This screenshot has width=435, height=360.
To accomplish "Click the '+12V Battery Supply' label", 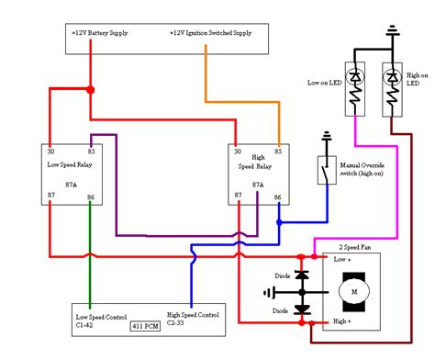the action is (x=100, y=33).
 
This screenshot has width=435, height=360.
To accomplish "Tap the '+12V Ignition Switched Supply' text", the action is (x=211, y=33).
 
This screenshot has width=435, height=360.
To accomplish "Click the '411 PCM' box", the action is (x=145, y=326).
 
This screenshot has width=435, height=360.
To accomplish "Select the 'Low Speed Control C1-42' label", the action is (x=101, y=321).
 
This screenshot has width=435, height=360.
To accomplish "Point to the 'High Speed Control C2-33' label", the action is (x=193, y=319).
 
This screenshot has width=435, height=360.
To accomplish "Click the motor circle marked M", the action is (x=354, y=292).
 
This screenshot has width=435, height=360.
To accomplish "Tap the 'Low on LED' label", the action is (x=325, y=83).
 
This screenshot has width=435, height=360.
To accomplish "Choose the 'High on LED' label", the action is (x=418, y=79).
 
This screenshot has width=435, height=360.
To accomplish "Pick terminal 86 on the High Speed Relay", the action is (x=277, y=197).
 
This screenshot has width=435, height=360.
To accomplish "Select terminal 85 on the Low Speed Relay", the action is (x=91, y=152).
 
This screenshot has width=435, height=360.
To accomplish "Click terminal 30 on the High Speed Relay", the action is (x=238, y=152).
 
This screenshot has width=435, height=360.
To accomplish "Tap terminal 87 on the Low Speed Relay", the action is (x=51, y=195).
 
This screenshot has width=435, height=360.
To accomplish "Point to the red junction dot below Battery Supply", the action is (x=91, y=90).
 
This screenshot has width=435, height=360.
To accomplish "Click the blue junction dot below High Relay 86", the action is (x=279, y=222).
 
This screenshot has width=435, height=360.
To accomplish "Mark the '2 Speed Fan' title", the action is (x=355, y=247).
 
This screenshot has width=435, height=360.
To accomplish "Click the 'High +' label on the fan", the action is (x=341, y=321).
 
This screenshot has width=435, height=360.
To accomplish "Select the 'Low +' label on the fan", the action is (x=342, y=259).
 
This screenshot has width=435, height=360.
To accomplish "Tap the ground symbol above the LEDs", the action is (x=393, y=30).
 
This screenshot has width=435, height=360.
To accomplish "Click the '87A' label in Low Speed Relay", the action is (x=71, y=185).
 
